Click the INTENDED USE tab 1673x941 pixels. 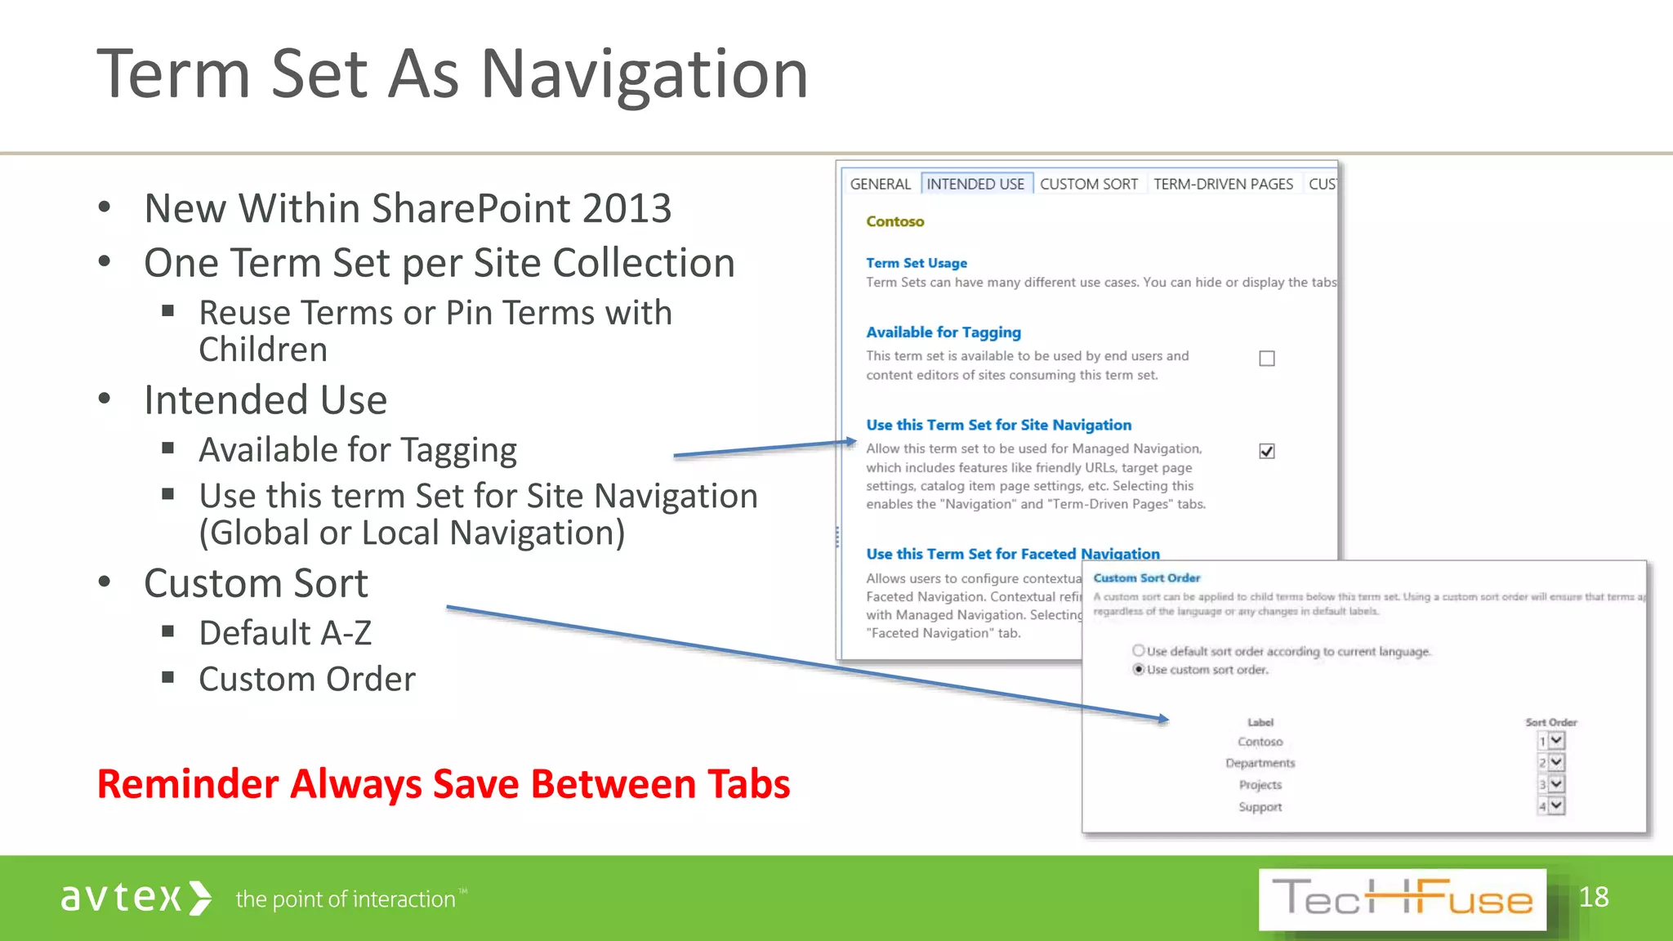[975, 184]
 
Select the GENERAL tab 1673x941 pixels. [880, 184]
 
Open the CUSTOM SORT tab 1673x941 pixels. [1088, 184]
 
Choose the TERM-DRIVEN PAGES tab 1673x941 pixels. [1223, 184]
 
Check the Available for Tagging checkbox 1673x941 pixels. [1267, 359]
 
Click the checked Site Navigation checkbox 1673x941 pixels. [1267, 451]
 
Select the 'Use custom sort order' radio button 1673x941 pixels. [1138, 669]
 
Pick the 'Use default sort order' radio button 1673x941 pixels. [1138, 650]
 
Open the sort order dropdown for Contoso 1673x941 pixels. [1556, 740]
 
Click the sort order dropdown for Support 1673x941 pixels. [1556, 805]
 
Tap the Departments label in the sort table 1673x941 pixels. [1260, 763]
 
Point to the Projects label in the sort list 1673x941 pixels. [1260, 785]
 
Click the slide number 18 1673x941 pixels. [1593, 897]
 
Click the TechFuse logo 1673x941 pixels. [1402, 899]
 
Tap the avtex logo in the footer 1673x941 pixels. [136, 898]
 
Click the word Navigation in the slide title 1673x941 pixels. [644, 75]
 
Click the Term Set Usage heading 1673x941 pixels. [916, 263]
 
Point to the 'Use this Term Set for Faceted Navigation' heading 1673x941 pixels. [1012, 554]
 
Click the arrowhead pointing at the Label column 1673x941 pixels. [1163, 719]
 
